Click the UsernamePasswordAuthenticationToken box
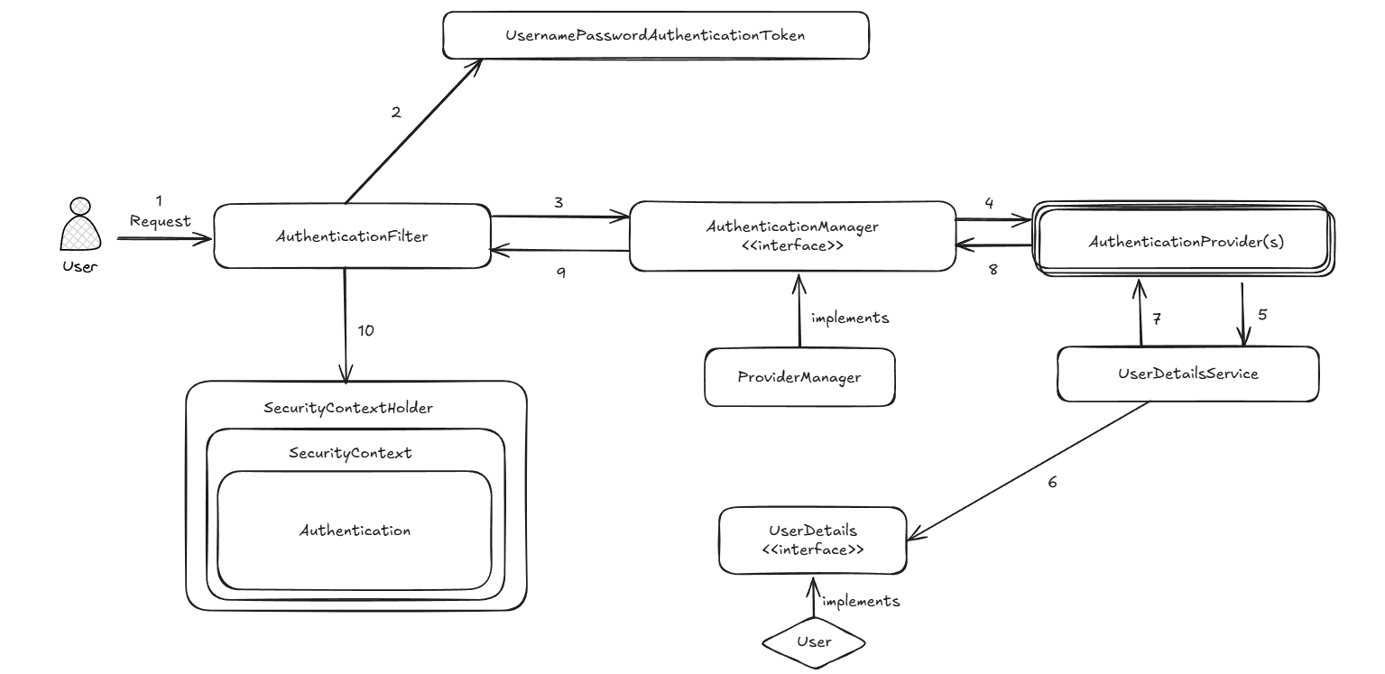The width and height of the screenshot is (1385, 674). tap(656, 35)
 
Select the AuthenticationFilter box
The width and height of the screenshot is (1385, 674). tap(353, 235)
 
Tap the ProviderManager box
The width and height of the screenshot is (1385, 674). tap(799, 377)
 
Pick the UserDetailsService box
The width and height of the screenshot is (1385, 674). tap(1187, 374)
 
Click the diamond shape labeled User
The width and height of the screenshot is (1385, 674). tap(814, 642)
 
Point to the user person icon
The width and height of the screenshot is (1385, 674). tap(80, 224)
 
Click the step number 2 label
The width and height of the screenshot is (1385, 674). tap(396, 112)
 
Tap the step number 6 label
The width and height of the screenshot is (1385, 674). tap(1052, 482)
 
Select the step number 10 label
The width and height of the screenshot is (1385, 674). tap(365, 331)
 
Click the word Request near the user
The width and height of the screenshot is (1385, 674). tap(160, 221)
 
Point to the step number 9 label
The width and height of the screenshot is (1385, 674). tap(561, 272)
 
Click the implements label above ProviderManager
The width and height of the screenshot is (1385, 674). tap(850, 318)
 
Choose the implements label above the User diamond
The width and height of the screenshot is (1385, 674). tap(861, 601)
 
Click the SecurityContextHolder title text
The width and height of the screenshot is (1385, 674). tap(348, 408)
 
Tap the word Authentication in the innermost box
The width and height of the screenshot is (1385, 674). tap(355, 531)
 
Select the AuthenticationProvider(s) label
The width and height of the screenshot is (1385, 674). tap(1186, 242)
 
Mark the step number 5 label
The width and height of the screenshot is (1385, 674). tap(1262, 315)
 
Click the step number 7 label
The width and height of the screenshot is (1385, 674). tap(1157, 319)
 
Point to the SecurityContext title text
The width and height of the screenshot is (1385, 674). tap(350, 453)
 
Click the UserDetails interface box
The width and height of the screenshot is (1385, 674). tap(813, 540)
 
